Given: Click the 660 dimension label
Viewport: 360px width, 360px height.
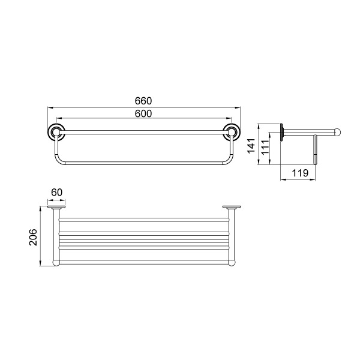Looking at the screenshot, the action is point(143,101).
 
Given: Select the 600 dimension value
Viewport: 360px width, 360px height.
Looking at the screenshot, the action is point(143,113).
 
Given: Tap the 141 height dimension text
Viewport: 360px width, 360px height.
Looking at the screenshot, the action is point(251,146).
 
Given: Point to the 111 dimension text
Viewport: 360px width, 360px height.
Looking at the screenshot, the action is point(265,148).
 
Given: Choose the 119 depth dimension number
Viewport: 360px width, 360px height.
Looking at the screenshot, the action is point(300,173).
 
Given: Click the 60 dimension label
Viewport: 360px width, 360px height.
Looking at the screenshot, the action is point(57,192).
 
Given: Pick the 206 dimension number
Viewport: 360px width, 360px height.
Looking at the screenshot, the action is point(33,238).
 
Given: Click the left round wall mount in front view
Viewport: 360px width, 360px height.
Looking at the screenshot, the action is point(56,132).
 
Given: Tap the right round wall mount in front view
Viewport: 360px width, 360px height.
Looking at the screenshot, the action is point(232,132).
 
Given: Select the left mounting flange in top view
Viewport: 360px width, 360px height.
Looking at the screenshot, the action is point(56,208).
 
